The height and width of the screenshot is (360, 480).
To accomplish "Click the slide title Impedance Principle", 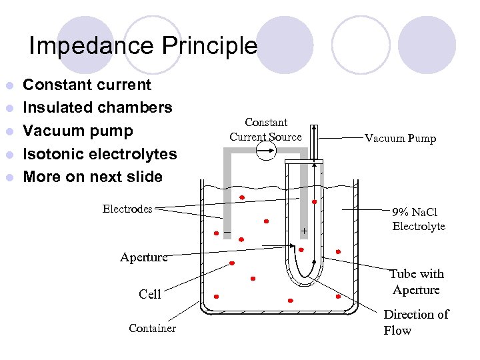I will (x=143, y=46).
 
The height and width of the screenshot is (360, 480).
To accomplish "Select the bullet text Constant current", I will (x=87, y=85).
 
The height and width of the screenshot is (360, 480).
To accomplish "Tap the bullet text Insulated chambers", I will (x=98, y=107).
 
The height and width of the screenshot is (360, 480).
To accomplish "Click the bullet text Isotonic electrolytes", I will (x=100, y=154).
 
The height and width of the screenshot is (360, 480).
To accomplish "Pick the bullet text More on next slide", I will (x=93, y=177).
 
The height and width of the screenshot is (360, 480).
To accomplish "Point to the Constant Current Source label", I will (x=266, y=129).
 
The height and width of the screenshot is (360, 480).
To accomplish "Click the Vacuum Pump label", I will (x=400, y=139).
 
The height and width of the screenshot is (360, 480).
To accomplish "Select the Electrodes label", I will (x=127, y=209).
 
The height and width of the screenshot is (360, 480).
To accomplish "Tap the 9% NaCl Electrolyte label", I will (x=418, y=219).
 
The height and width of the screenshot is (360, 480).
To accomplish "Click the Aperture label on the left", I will (x=143, y=257).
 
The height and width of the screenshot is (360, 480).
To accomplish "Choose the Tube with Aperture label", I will (x=417, y=281).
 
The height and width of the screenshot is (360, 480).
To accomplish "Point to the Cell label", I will (x=150, y=294).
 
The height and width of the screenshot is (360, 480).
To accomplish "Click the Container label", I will (x=153, y=328).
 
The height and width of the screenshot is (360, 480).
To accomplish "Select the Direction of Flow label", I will (x=416, y=322).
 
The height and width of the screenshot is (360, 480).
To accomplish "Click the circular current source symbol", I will (x=266, y=152).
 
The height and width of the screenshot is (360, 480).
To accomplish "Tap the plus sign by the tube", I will (x=304, y=231).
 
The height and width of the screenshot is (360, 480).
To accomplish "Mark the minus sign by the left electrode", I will (x=227, y=231).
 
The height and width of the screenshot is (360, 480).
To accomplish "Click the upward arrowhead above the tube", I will (x=315, y=128).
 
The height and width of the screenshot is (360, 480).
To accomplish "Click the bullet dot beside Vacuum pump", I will (x=9, y=131).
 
